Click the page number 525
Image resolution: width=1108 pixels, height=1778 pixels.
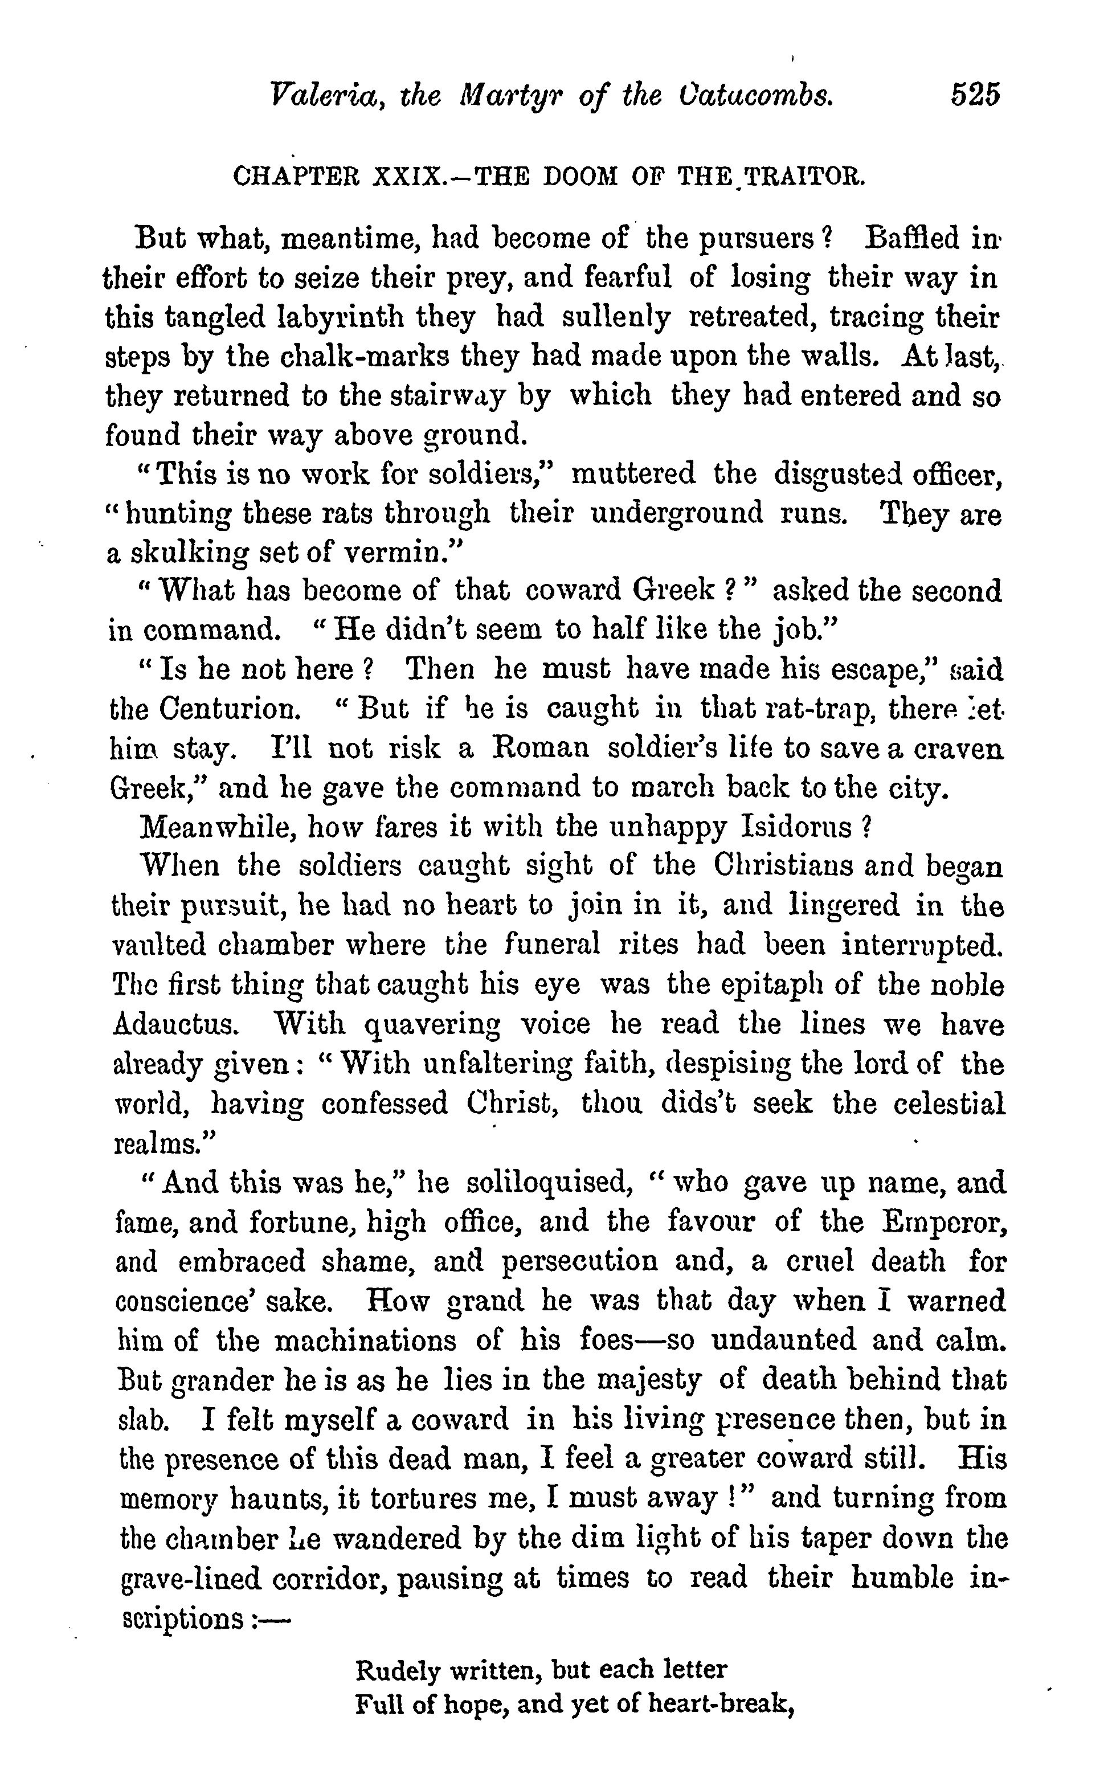(975, 96)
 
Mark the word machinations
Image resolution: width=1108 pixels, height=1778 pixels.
(366, 1340)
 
